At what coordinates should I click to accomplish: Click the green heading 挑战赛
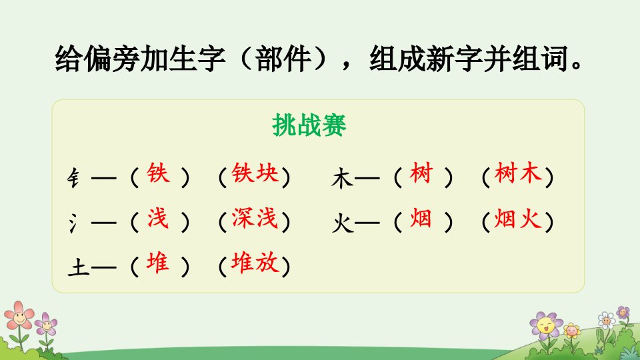click(309, 125)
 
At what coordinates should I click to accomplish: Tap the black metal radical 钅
click(73, 179)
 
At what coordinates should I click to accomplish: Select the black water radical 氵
click(73, 223)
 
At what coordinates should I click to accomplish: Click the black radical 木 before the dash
click(342, 179)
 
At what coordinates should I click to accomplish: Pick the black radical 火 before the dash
click(343, 223)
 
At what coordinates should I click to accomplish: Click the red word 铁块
click(255, 173)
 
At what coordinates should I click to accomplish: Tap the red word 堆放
click(255, 262)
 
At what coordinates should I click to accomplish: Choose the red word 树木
click(519, 173)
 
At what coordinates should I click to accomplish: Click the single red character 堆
click(158, 262)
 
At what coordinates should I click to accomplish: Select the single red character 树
click(421, 173)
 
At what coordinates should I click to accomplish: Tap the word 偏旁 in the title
click(111, 59)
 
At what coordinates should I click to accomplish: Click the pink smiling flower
click(19, 315)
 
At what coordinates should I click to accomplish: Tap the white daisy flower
click(607, 321)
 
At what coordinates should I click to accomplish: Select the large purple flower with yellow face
click(546, 325)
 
